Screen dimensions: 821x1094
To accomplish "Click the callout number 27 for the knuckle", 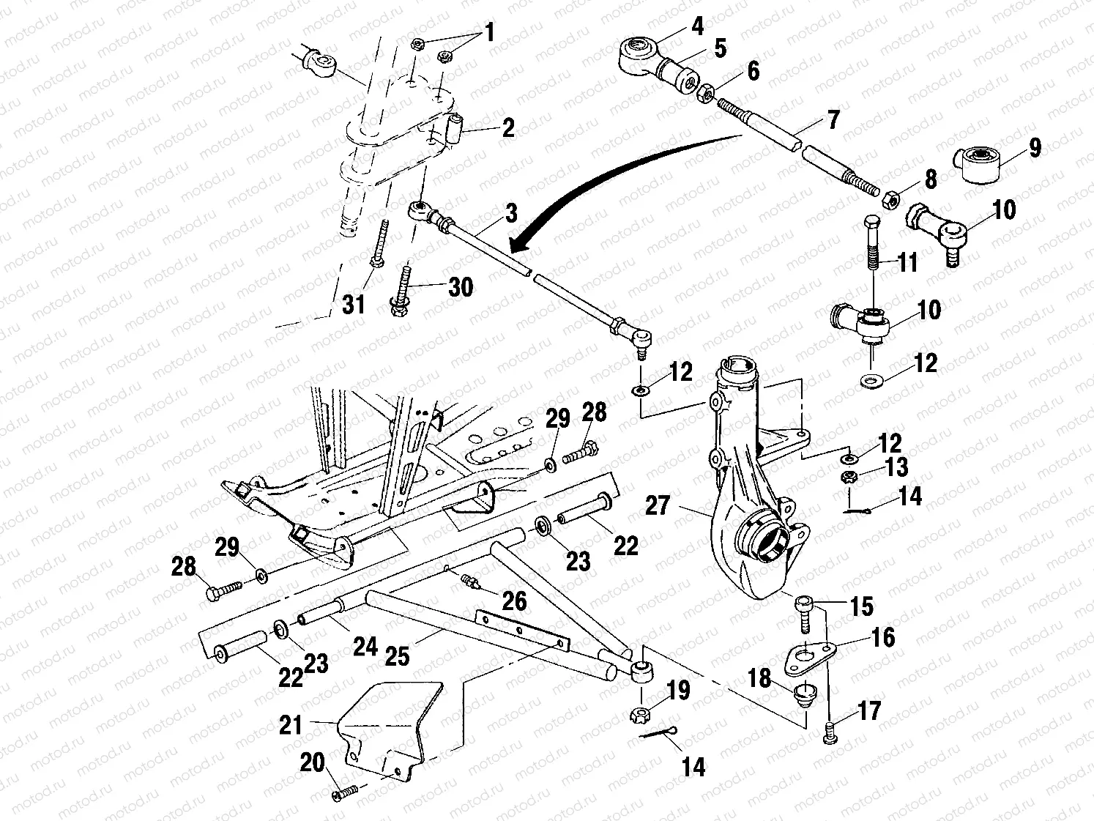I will pos(658,505).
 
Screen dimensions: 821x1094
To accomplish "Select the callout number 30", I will pos(461,287).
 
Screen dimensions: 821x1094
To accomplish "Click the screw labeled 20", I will pos(344,791).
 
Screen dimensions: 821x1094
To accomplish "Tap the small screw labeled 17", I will pos(829,735).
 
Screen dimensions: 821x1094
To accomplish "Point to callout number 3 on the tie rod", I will pos(510,213).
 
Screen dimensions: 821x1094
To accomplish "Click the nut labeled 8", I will pos(891,199).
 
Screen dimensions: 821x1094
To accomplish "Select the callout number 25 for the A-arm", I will pos(396,656).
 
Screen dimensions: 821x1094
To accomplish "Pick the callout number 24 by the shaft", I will pos(365,646).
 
